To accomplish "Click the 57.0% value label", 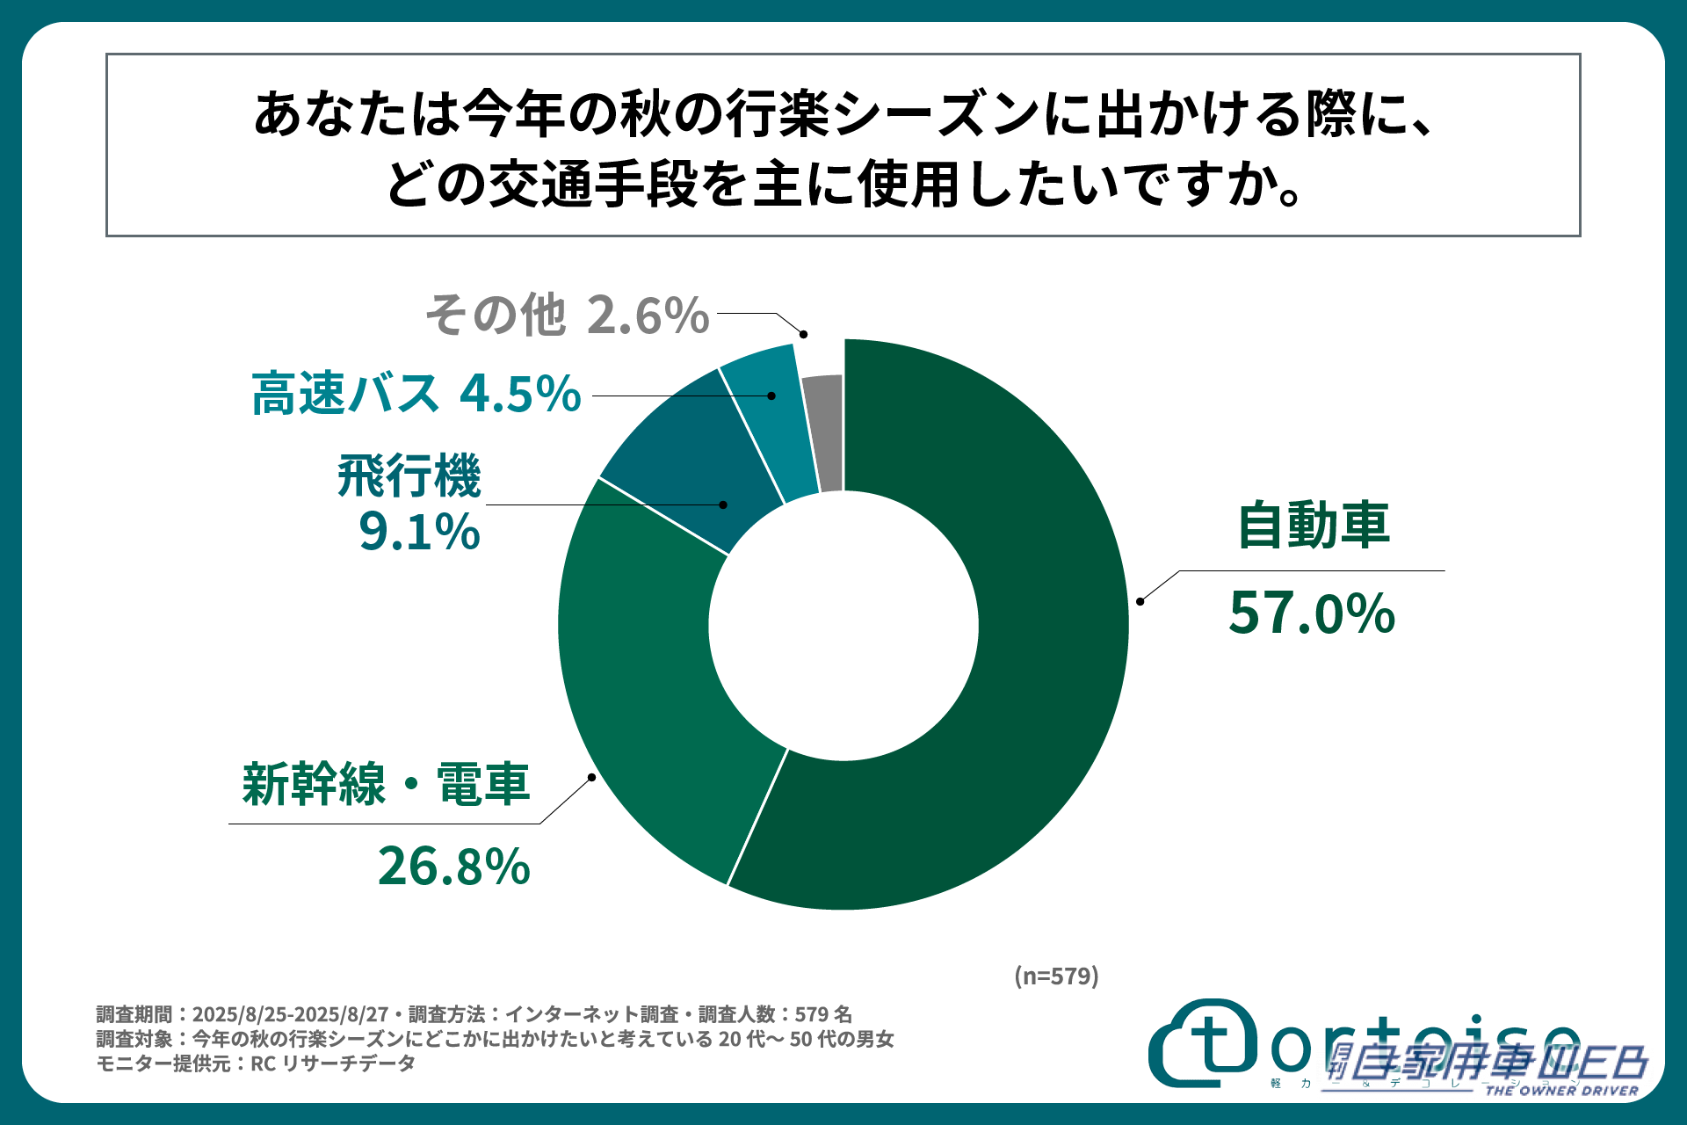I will [x=1311, y=613].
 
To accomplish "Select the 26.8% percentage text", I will [x=453, y=867].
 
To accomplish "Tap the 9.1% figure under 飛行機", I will [x=419, y=532].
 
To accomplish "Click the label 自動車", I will [x=1314, y=526].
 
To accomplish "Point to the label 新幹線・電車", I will [x=387, y=784].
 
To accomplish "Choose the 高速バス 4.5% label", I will [x=416, y=393].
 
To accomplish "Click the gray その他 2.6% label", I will [x=568, y=315].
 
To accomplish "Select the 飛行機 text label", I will [x=409, y=476].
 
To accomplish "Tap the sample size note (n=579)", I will [x=1056, y=976].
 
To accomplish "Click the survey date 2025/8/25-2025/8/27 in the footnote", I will [x=290, y=1014].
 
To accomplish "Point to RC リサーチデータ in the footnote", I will [x=333, y=1063].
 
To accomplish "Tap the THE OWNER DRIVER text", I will [x=1561, y=1091].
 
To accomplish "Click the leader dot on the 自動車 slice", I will [x=1140, y=601].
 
